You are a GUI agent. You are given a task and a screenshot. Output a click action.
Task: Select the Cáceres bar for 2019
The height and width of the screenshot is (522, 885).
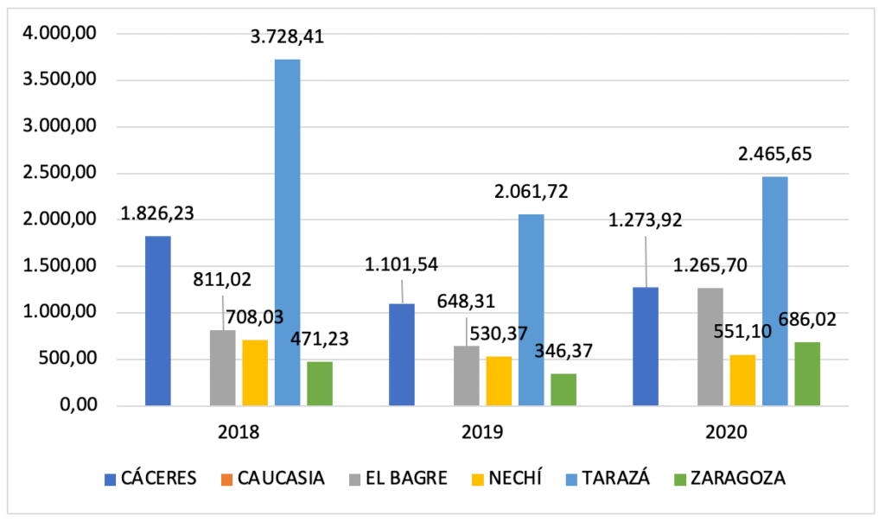[x=402, y=354]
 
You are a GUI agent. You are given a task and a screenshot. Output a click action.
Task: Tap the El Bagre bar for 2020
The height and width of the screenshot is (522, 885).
[x=710, y=347]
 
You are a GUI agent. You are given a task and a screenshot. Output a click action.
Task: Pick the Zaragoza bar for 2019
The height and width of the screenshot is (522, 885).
[x=563, y=390]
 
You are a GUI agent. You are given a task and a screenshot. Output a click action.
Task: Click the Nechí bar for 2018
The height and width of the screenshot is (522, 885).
[x=255, y=372]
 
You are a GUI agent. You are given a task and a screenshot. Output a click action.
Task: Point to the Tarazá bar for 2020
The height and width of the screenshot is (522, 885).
[x=775, y=290]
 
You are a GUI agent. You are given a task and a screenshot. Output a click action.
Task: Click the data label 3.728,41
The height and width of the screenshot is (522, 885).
[x=289, y=38]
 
